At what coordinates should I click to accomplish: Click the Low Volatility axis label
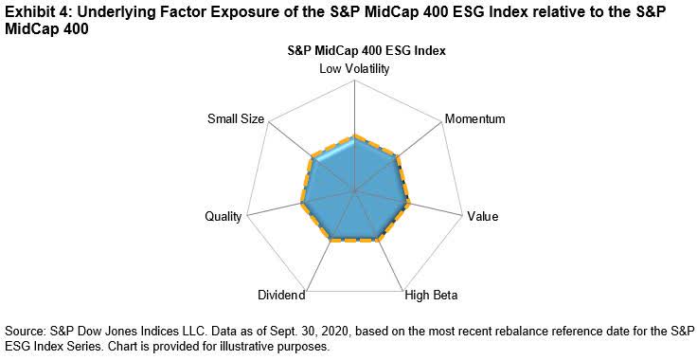353,68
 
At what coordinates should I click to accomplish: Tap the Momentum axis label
474,119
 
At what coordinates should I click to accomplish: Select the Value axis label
482,217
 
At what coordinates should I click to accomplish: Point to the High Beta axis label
431,296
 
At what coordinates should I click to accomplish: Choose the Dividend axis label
280,296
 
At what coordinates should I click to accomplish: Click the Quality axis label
223,217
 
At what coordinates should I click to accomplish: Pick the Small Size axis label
237,119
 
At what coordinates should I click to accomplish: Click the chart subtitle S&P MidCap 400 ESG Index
353,50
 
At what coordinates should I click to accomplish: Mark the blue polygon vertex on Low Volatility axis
353,136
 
